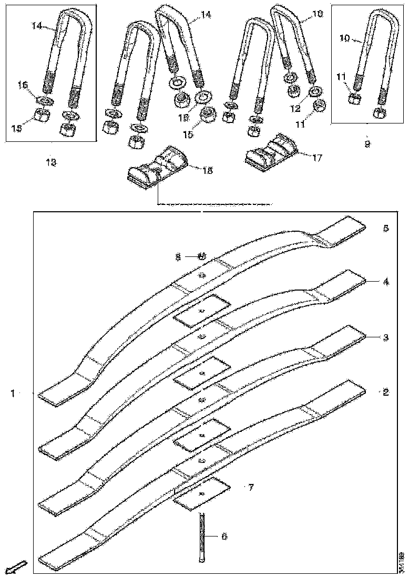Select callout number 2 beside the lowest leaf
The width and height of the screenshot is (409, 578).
(385, 392)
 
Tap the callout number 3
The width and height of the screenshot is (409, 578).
(385, 338)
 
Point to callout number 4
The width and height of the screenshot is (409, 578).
(385, 282)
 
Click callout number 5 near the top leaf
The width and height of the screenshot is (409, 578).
(385, 228)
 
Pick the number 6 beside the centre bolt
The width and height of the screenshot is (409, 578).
(224, 536)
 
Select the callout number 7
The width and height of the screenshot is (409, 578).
(251, 488)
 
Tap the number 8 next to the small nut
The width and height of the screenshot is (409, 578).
(178, 256)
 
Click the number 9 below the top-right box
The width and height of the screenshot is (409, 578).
(367, 142)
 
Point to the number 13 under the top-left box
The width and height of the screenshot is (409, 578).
(51, 163)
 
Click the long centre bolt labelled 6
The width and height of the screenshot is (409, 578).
(202, 538)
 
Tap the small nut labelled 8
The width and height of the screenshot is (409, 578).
(201, 256)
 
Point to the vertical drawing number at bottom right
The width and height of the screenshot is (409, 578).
(401, 561)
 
